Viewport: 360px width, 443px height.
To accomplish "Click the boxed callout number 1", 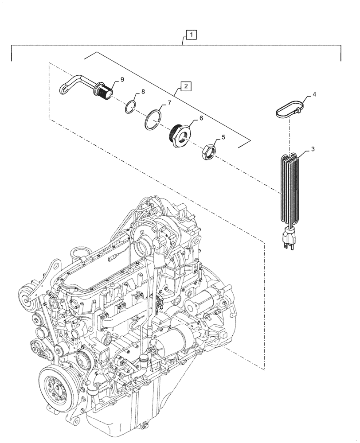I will tap(189, 34).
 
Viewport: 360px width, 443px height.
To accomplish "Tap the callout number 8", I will tap(143, 92).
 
